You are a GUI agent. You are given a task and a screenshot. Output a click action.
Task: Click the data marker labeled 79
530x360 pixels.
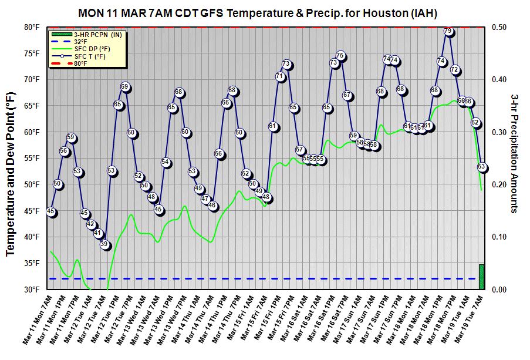tap(448, 31)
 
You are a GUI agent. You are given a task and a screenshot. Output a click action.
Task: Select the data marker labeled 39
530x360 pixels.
tap(104, 244)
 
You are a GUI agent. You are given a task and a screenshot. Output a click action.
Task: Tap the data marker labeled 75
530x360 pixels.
tap(340, 56)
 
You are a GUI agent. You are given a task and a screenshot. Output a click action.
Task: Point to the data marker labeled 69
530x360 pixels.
tap(125, 87)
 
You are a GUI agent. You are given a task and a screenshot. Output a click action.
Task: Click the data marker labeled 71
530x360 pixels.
tap(280, 76)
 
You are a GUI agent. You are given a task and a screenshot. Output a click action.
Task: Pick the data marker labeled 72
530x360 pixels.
tap(455, 70)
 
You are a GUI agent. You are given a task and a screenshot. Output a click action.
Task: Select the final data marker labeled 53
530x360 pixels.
tap(482, 167)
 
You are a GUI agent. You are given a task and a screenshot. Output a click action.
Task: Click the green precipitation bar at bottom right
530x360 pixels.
tap(482, 277)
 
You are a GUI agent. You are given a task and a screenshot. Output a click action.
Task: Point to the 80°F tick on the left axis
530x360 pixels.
tap(32, 27)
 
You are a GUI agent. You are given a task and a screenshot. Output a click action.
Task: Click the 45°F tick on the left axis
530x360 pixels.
tap(32, 211)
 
